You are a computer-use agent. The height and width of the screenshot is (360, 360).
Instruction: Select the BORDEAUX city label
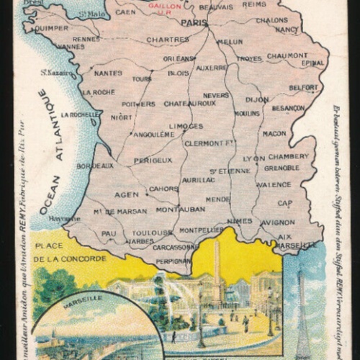95,165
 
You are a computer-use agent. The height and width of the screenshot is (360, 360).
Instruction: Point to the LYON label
253,157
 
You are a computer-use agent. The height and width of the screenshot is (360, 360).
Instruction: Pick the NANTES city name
108,73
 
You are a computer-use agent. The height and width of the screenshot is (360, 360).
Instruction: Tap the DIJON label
256,99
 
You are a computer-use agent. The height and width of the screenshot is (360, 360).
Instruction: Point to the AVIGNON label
277,222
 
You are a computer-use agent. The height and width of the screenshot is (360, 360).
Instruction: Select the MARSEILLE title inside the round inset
83,297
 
